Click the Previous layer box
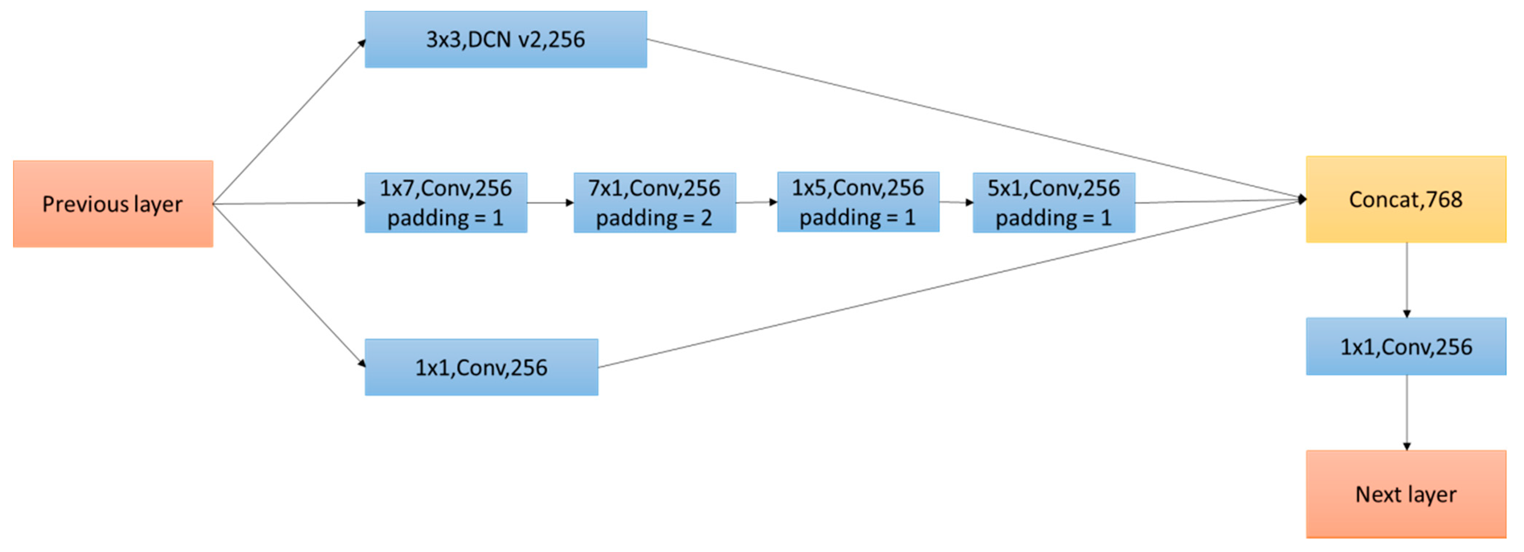click(113, 204)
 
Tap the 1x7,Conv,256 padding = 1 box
click(446, 203)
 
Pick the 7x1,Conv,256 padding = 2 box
click(654, 203)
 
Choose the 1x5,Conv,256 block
click(858, 202)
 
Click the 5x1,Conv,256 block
click(1054, 203)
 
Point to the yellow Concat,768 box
click(1406, 199)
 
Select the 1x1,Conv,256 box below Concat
click(1406, 346)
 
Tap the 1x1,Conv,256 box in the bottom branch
click(481, 367)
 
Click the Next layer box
click(1406, 494)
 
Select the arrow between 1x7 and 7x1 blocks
click(550, 203)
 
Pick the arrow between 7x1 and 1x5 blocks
click(756, 202)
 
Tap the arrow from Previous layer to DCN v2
click(290, 121)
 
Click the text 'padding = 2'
click(654, 218)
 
